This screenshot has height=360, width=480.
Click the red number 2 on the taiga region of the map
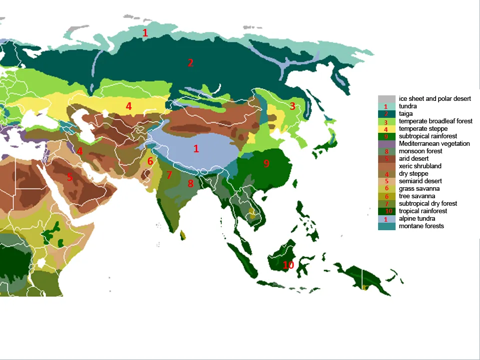(x=190, y=63)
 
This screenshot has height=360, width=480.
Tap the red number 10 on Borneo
(x=288, y=265)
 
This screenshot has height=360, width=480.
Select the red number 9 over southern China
(x=266, y=164)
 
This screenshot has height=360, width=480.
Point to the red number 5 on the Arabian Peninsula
(x=69, y=177)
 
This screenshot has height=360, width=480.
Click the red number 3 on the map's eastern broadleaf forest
(x=292, y=106)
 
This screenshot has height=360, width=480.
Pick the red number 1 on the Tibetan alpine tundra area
(x=196, y=149)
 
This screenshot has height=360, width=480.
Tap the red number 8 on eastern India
(x=190, y=184)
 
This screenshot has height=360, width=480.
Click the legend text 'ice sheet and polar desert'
(x=435, y=99)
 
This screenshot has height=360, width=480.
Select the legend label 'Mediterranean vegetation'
(x=434, y=144)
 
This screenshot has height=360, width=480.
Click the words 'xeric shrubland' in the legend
(x=420, y=166)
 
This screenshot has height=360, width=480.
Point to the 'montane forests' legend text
(x=422, y=226)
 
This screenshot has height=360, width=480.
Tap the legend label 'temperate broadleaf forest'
(x=436, y=121)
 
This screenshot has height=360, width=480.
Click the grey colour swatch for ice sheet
(x=386, y=99)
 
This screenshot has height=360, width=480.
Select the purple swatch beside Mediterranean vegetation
(x=386, y=144)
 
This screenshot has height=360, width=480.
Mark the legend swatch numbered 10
(x=386, y=211)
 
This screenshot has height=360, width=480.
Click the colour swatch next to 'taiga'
(x=386, y=114)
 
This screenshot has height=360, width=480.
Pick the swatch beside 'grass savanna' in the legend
(x=386, y=189)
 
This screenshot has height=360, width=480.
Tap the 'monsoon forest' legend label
(x=421, y=151)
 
